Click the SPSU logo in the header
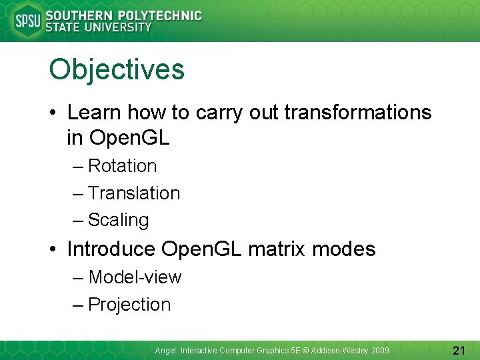pos(27,21)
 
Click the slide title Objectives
pos(117,69)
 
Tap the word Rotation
pos(123,166)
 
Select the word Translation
pos(134,193)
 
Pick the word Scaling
pos(119,220)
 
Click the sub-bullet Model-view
pos(135,277)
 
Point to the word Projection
pos(129,305)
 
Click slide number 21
pos(459,350)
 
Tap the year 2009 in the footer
pos(381,351)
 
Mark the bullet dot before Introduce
pos(54,250)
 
